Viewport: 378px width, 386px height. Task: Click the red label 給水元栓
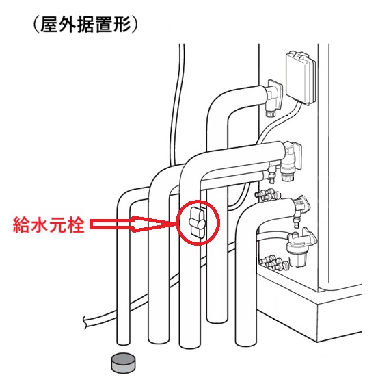(49, 224)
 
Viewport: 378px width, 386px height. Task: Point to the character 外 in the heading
(67, 25)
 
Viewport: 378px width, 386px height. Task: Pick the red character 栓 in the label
(75, 224)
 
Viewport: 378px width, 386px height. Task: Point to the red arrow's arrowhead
(154, 224)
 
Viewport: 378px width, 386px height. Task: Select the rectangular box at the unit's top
(301, 77)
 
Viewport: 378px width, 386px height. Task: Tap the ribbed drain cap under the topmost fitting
(270, 113)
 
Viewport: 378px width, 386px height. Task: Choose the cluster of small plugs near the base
(274, 263)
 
